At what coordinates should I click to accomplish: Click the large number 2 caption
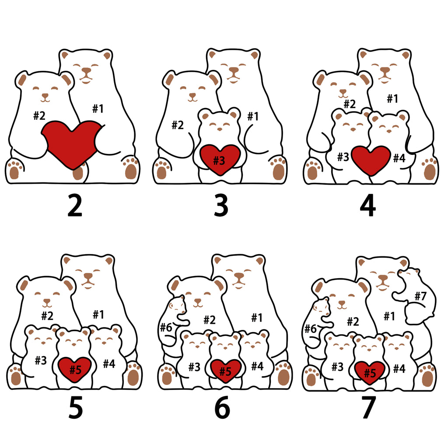75,205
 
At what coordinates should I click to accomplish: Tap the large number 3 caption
221,205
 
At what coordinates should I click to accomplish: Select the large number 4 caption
368,205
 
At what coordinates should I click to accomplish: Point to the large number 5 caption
76,408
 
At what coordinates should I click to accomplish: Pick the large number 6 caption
222,408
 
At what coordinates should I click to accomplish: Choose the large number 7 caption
369,408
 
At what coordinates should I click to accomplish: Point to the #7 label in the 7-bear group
420,296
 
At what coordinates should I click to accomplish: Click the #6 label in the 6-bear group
166,327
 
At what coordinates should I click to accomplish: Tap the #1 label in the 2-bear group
98,108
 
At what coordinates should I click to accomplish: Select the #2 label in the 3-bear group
178,125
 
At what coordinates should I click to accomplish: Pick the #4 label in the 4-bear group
399,157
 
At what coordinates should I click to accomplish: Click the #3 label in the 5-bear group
41,360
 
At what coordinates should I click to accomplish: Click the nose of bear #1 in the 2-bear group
86,70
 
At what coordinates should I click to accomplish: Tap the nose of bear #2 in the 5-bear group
46,301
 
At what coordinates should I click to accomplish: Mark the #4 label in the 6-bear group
257,366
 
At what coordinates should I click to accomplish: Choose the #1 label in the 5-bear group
98,315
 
